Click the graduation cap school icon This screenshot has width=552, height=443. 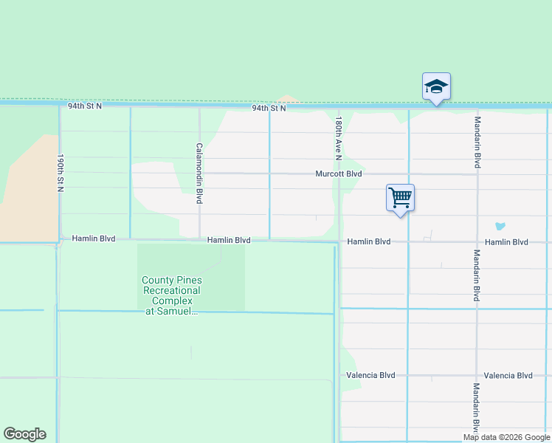click(436, 86)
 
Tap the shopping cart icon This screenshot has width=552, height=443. click(400, 197)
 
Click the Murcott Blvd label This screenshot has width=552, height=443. click(338, 174)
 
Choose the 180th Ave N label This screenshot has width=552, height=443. click(339, 138)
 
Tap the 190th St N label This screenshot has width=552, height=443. click(61, 174)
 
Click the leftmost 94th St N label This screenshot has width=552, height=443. click(85, 106)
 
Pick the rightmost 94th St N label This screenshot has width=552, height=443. click(269, 108)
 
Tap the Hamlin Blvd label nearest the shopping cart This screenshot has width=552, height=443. click(368, 241)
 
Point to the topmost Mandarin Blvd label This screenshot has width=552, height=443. click(477, 142)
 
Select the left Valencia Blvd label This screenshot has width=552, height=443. click(370, 375)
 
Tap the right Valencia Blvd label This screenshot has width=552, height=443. click(508, 375)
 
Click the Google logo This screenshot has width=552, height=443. click(24, 434)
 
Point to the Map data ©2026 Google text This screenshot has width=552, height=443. click(506, 437)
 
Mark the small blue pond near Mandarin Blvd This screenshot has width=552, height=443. click(501, 226)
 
